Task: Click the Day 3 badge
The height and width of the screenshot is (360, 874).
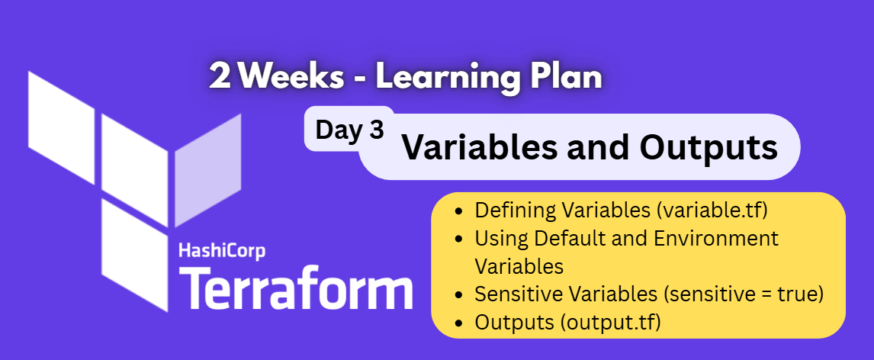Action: (349, 130)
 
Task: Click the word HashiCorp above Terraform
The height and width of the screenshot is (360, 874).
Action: (222, 252)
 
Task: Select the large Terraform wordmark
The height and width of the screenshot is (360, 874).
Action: (294, 289)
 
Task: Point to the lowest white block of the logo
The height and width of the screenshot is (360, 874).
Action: (134, 252)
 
